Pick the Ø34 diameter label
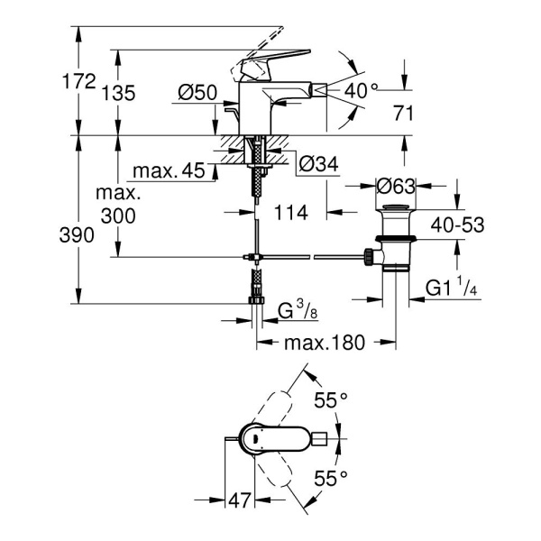(x=317, y=164)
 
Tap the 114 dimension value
(x=289, y=213)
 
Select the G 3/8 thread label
(x=297, y=312)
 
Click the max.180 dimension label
(x=326, y=344)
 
